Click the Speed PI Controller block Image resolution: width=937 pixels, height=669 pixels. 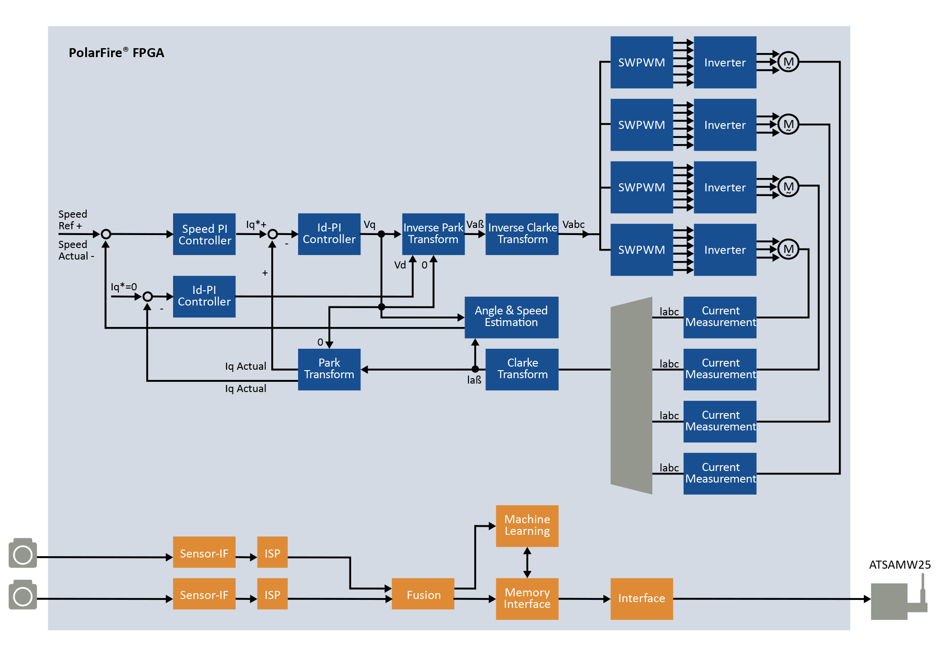[x=204, y=234]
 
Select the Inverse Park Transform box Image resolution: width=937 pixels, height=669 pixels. [x=433, y=234]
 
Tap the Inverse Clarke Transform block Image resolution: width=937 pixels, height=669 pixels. [x=522, y=234]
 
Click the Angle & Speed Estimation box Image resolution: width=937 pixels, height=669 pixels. [x=511, y=317]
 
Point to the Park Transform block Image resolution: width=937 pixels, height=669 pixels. [x=329, y=369]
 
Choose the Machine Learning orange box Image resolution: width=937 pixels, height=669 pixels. [x=527, y=525]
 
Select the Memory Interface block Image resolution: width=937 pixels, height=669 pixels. [x=527, y=598]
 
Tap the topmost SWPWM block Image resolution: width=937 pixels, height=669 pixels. [x=641, y=62]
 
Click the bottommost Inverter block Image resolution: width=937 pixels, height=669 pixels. [x=725, y=250]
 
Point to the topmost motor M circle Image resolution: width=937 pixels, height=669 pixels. [x=788, y=62]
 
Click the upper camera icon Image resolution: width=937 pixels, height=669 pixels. [x=23, y=553]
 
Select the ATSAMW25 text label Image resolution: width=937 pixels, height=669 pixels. [x=899, y=565]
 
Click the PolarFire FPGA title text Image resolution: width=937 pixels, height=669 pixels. [x=116, y=53]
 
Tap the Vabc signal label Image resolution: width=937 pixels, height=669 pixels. [x=573, y=224]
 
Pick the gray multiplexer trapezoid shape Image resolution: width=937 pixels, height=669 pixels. [x=631, y=395]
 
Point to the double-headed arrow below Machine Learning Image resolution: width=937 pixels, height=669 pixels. [x=527, y=562]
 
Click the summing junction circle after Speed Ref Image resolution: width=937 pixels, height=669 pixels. [x=106, y=234]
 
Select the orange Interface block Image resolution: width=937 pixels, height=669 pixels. [x=641, y=598]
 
